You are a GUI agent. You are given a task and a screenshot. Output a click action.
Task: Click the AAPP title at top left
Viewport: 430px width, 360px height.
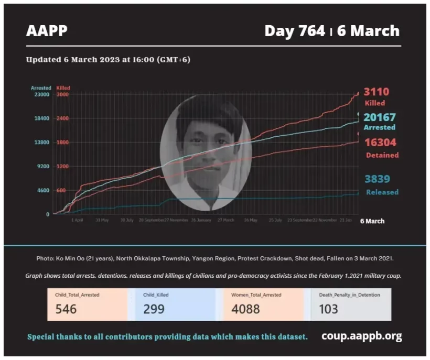(47, 31)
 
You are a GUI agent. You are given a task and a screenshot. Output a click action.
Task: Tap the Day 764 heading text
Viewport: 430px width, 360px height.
(295, 31)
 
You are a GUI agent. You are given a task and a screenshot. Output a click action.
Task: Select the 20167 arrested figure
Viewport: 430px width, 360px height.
(380, 117)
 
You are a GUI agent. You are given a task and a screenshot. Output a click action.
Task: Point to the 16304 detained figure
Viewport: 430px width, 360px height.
(381, 143)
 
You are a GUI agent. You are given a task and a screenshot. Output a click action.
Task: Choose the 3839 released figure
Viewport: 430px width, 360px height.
(378, 179)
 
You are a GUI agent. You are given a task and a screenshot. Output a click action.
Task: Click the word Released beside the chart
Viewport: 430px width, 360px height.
(382, 192)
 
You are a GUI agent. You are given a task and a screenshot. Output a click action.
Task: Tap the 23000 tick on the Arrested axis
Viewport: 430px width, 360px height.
(41, 94)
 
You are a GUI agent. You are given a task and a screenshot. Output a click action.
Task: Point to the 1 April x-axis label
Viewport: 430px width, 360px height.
(78, 220)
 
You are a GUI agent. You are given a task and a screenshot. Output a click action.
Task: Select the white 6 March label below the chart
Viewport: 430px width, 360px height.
(372, 221)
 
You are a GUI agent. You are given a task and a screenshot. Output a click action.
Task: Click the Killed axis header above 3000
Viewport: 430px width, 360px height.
(63, 88)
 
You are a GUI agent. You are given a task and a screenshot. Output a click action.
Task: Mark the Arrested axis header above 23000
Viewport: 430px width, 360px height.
(41, 88)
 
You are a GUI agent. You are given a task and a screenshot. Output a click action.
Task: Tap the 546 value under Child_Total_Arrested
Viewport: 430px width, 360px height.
(66, 309)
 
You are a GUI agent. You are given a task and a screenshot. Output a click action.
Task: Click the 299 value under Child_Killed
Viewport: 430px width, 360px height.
(154, 309)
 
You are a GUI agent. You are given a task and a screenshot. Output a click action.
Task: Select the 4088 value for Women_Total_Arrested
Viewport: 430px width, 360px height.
(245, 309)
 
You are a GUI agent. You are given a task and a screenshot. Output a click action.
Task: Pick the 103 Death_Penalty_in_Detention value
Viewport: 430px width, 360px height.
(329, 309)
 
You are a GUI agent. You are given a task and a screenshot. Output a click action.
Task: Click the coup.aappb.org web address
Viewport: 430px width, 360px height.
(362, 336)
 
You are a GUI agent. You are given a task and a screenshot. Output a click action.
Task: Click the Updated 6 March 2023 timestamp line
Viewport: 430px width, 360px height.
(108, 60)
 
